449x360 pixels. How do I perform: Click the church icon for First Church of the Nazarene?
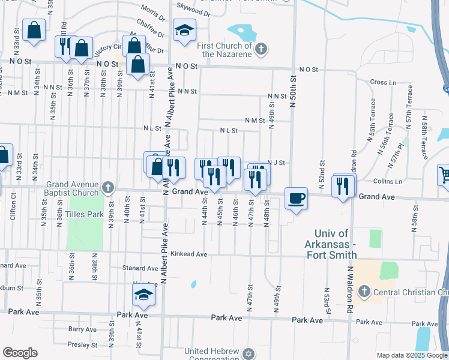point(261,49)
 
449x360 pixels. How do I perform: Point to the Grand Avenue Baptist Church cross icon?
point(108,187)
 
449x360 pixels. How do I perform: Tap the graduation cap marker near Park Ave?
point(144,295)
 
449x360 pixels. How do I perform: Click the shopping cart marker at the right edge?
point(444,175)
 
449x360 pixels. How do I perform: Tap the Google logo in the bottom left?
point(20,353)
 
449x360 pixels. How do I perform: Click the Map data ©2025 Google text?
point(412,355)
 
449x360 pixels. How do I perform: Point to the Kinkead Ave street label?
point(188,254)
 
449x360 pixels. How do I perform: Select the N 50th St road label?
point(293,91)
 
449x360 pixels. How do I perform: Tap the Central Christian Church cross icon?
point(363,292)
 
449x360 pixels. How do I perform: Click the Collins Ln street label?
point(388,181)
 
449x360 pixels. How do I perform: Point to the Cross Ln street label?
point(383,82)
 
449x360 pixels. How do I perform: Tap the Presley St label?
point(82,345)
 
